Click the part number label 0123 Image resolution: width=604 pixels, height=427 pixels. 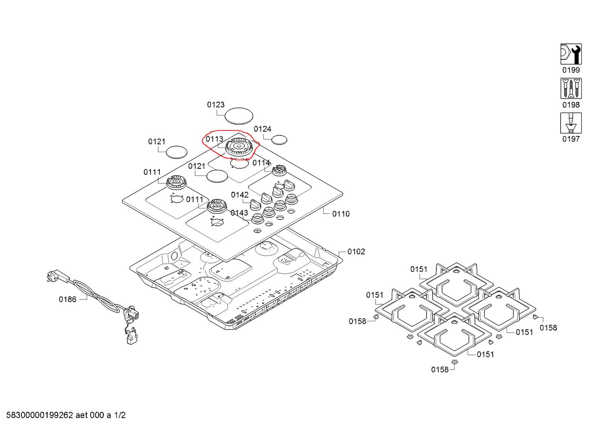[x=216, y=105]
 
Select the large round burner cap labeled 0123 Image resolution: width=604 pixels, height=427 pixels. [x=239, y=116]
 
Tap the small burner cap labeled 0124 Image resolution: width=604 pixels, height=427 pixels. [x=279, y=140]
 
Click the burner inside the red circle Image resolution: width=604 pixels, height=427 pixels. [x=239, y=147]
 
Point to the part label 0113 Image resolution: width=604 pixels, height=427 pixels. [x=214, y=139]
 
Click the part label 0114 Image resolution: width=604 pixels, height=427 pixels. [x=261, y=163]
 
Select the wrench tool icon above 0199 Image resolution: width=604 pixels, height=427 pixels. [x=571, y=54]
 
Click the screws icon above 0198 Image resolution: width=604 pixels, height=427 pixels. [x=571, y=88]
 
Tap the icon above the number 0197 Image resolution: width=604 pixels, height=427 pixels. [x=571, y=123]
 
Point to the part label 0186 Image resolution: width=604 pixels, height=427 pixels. [x=68, y=299]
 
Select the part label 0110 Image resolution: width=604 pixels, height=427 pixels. [x=341, y=214]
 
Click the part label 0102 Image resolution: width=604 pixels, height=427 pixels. [x=356, y=252]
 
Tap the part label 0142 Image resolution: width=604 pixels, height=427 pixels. [x=240, y=195]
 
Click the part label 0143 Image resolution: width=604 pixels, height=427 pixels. [x=239, y=213]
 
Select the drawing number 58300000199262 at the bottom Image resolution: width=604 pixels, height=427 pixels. [x=40, y=415]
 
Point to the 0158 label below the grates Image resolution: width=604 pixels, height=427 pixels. [x=440, y=370]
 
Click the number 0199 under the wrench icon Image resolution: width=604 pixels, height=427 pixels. [x=571, y=70]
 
